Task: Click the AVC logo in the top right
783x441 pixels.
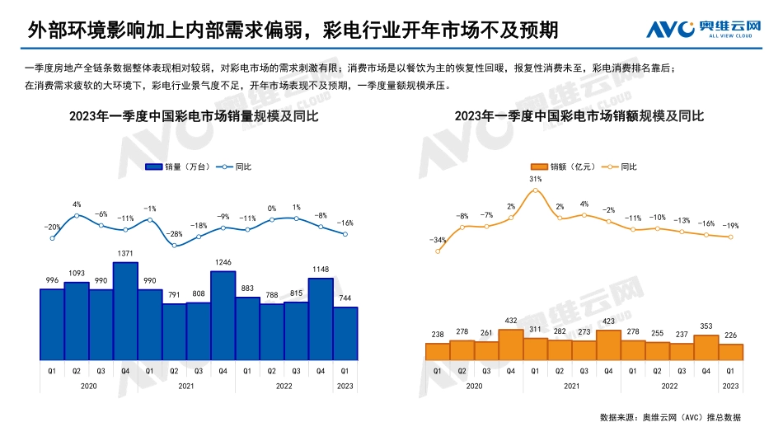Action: point(702,30)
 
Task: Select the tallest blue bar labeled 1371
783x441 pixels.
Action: point(125,312)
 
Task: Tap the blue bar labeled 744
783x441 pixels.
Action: point(345,334)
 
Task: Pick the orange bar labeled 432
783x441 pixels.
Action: point(511,345)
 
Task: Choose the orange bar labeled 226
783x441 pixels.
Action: point(731,352)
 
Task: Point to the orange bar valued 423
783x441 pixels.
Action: point(608,345)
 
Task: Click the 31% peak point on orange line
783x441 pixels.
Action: point(536,190)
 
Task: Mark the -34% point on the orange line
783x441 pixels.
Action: point(438,251)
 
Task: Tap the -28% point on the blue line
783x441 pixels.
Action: point(174,246)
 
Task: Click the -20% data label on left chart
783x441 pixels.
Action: point(52,227)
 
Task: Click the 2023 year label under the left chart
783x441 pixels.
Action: point(345,386)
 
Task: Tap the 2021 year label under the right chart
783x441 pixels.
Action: point(572,386)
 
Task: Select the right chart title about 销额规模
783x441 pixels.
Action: point(579,117)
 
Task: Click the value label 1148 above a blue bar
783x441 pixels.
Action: point(321,269)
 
